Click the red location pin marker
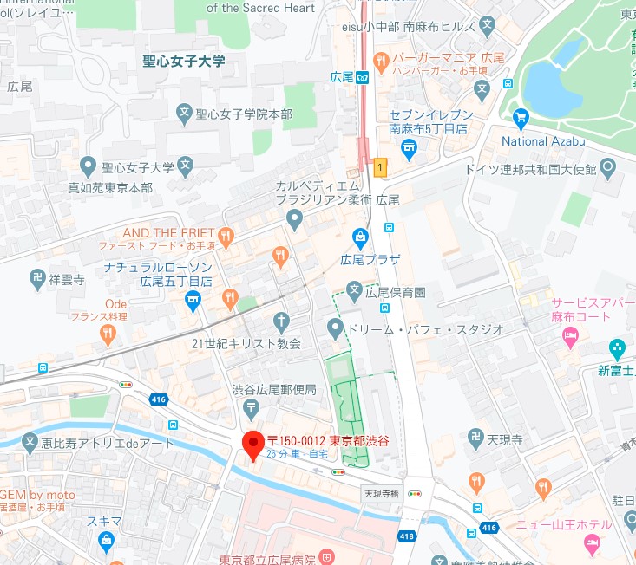pyautogui.click(x=252, y=445)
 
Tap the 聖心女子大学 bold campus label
pyautogui.click(x=184, y=61)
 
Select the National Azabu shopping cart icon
pyautogui.click(x=521, y=118)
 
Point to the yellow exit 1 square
pyautogui.click(x=379, y=166)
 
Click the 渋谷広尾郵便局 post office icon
pyautogui.click(x=251, y=407)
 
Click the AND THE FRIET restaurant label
pyautogui.click(x=168, y=233)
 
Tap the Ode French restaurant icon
pyautogui.click(x=108, y=333)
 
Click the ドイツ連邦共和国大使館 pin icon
pyautogui.click(x=607, y=166)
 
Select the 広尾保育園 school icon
pyautogui.click(x=354, y=289)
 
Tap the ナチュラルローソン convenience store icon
pyautogui.click(x=193, y=300)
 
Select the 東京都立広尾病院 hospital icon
pyautogui.click(x=326, y=555)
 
